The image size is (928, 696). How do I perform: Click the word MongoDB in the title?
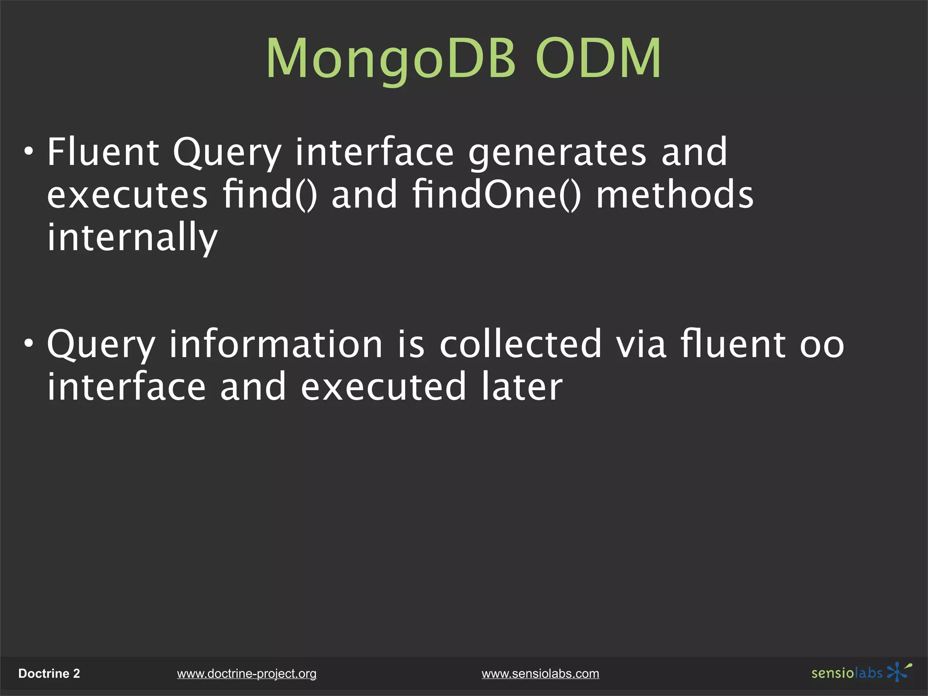pyautogui.click(x=391, y=59)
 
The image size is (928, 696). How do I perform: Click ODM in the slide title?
pyautogui.click(x=598, y=59)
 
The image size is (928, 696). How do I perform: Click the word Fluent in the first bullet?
pyautogui.click(x=103, y=152)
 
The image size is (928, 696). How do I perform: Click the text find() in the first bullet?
pyautogui.click(x=270, y=195)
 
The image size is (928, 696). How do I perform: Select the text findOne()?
pyautogui.click(x=496, y=195)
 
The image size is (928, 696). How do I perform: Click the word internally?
pyautogui.click(x=132, y=237)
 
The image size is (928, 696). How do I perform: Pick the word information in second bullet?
pyautogui.click(x=276, y=344)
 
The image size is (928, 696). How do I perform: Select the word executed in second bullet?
pyautogui.click(x=383, y=387)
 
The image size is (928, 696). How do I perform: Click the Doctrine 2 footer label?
pyautogui.click(x=49, y=673)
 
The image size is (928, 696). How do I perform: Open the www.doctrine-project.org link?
pyautogui.click(x=246, y=674)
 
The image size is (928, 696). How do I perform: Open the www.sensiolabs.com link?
pyautogui.click(x=540, y=674)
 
